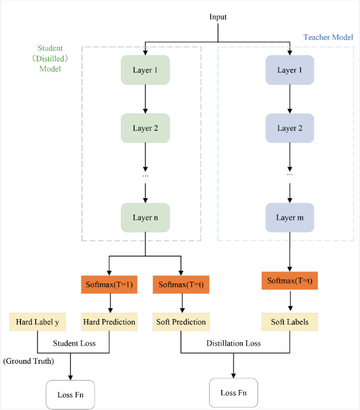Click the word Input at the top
(x=218, y=17)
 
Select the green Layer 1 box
(x=145, y=70)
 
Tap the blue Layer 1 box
(x=290, y=70)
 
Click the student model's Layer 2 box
(x=145, y=128)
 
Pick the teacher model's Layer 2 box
(x=290, y=128)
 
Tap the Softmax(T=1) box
(x=109, y=285)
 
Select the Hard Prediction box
(x=109, y=322)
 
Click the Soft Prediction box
(x=180, y=322)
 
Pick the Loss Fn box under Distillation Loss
(x=233, y=393)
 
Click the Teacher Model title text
(x=328, y=38)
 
